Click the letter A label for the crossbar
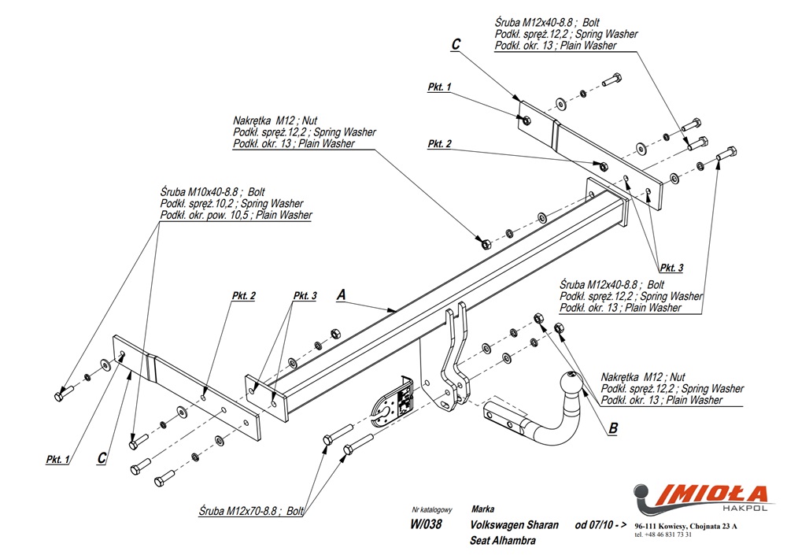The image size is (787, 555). pyautogui.click(x=341, y=294)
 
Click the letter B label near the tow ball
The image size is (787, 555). pyautogui.click(x=612, y=428)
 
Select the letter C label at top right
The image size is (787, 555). pyautogui.click(x=456, y=45)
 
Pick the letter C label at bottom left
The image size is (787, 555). pyautogui.click(x=102, y=458)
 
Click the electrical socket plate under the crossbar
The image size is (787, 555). pyautogui.click(x=393, y=398)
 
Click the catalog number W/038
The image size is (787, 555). pyautogui.click(x=426, y=525)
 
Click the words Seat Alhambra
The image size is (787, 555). pyautogui.click(x=503, y=541)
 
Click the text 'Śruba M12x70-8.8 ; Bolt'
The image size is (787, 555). pyautogui.click(x=251, y=511)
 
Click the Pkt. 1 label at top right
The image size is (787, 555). pyautogui.click(x=439, y=87)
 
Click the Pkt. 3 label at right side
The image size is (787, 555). pyautogui.click(x=671, y=268)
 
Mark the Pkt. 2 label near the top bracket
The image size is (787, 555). pyautogui.click(x=440, y=144)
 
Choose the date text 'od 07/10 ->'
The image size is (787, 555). pyautogui.click(x=600, y=525)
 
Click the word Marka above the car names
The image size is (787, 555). pyautogui.click(x=483, y=509)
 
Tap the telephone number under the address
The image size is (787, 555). pyautogui.click(x=663, y=535)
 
